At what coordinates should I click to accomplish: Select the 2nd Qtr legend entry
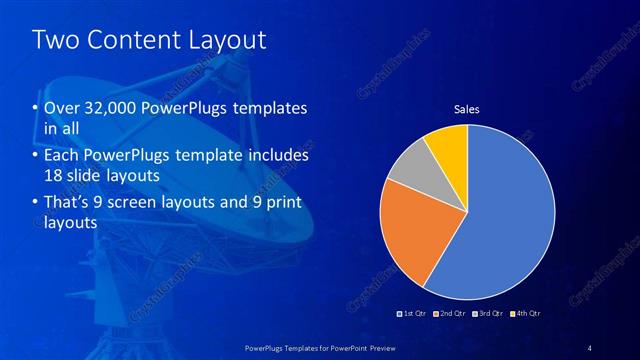click(452, 313)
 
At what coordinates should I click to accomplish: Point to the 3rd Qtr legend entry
click(491, 313)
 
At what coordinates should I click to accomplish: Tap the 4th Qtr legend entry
click(527, 313)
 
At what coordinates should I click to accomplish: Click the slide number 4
click(590, 347)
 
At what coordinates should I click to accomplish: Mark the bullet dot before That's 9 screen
click(37, 203)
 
